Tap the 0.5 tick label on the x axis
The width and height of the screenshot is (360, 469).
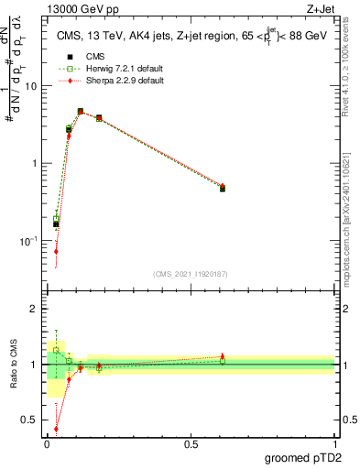pyautogui.click(x=191, y=443)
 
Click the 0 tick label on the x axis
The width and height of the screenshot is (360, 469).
pyautogui.click(x=47, y=443)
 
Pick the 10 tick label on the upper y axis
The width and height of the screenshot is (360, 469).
pyautogui.click(x=30, y=85)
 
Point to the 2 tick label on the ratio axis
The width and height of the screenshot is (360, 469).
pyautogui.click(x=33, y=309)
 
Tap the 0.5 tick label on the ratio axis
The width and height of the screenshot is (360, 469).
pyautogui.click(x=29, y=421)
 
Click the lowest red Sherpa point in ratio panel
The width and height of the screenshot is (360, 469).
pyautogui.click(x=56, y=428)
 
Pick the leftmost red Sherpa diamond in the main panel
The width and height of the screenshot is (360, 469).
pyautogui.click(x=56, y=251)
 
